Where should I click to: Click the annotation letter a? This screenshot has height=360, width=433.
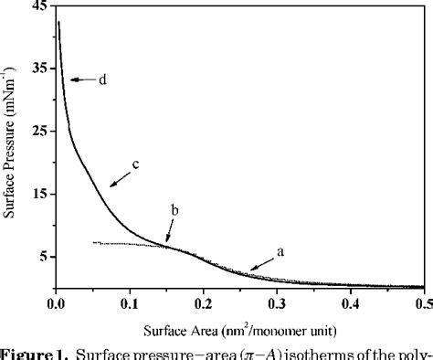pos(282,249)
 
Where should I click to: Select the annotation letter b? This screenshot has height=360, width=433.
pos(174,210)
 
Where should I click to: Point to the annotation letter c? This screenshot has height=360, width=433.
pos(135,164)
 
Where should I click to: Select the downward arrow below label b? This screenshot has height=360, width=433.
pos(170,229)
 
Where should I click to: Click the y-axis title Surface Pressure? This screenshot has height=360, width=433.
pos(11,146)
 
